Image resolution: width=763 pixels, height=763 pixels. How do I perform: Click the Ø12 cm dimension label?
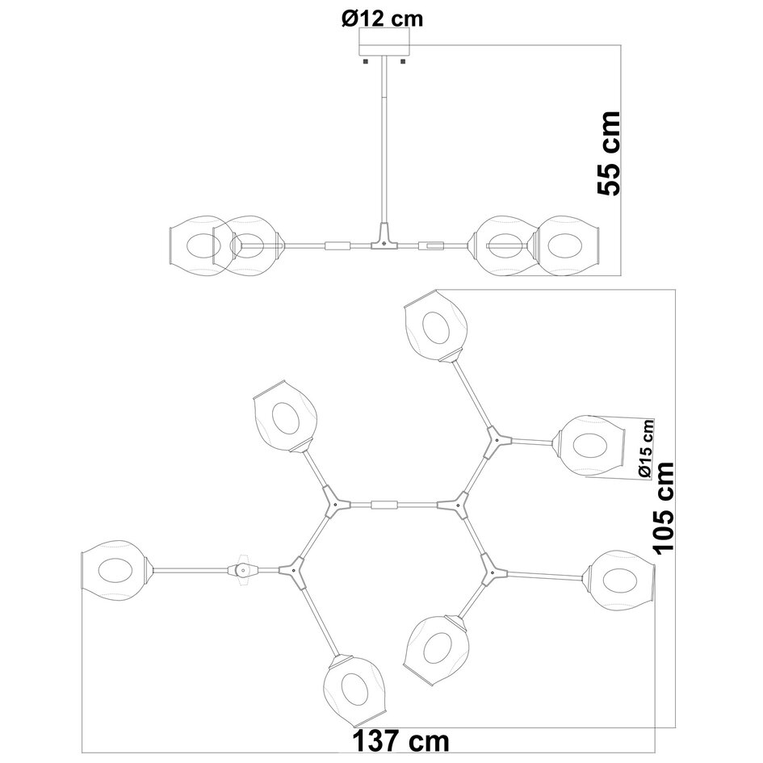point(382,17)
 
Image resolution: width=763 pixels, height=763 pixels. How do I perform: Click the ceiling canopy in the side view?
point(384,41)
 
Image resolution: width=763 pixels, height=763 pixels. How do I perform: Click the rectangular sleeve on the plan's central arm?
point(384,505)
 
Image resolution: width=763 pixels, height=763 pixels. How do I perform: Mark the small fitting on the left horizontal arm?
point(242,568)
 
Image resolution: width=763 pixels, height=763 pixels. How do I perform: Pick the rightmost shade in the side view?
point(568,244)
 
